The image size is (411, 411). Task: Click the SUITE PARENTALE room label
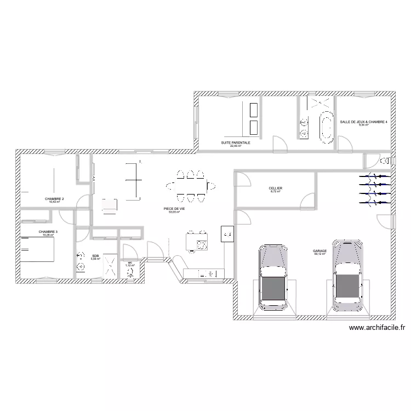tap(236, 142)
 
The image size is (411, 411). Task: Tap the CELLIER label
tap(276, 188)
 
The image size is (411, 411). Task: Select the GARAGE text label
tap(320, 250)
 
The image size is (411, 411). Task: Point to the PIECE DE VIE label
tap(174, 209)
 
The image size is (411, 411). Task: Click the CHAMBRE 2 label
tap(55, 198)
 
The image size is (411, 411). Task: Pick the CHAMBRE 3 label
tap(48, 232)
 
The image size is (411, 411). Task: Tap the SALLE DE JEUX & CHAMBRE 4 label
tap(363, 122)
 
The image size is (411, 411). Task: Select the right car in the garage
tap(347, 271)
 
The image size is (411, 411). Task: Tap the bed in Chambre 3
tap(37, 250)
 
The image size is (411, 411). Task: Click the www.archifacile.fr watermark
tap(376, 328)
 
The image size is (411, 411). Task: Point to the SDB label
tap(95, 255)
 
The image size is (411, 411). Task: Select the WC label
tap(130, 262)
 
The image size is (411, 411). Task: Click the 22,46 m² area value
tap(236, 146)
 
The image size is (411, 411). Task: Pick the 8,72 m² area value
tap(276, 191)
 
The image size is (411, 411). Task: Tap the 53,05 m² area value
tap(174, 212)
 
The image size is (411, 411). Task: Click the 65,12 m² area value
tap(320, 254)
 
